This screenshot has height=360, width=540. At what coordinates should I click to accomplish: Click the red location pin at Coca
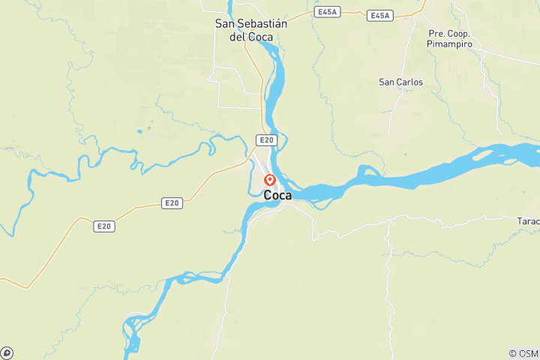click(270, 179)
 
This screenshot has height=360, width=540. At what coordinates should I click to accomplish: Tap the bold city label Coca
click(277, 195)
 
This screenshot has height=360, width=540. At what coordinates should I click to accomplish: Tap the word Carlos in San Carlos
click(411, 82)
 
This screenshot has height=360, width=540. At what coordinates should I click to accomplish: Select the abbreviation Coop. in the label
click(460, 34)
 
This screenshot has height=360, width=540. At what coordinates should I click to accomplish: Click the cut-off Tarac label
click(528, 222)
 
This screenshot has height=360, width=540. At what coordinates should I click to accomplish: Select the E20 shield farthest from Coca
click(103, 225)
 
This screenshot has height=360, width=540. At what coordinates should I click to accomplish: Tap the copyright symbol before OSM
click(512, 353)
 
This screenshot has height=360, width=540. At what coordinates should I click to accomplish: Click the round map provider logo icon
click(7, 352)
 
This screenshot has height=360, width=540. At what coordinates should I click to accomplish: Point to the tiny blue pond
click(139, 132)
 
